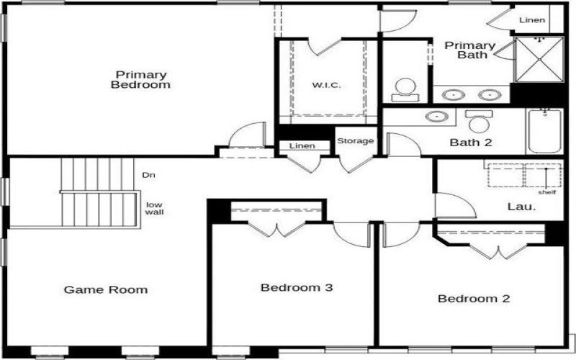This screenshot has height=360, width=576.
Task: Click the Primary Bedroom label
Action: click(141, 79)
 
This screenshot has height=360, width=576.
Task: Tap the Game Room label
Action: click(106, 290)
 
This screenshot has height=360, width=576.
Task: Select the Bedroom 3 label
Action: click(296, 288)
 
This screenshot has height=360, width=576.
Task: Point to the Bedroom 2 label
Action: click(474, 299)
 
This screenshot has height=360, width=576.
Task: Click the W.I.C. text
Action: click(326, 86)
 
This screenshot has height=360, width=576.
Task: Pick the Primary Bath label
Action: click(469, 50)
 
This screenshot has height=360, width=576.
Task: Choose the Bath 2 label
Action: click(471, 143)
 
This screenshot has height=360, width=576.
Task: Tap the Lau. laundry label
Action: click(521, 207)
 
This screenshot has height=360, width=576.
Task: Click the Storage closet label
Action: click(356, 141)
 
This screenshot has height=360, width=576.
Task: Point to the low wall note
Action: click(154, 208)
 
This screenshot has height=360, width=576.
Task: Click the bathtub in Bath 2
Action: click(545, 131)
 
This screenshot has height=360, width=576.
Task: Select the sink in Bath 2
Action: click(436, 117)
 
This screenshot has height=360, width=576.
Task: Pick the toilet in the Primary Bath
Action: click(405, 89)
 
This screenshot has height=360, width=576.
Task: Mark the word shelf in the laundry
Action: click(547, 192)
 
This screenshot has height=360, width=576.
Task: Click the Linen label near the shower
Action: click(532, 20)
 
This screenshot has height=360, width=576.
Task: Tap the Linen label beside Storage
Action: click(302, 146)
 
